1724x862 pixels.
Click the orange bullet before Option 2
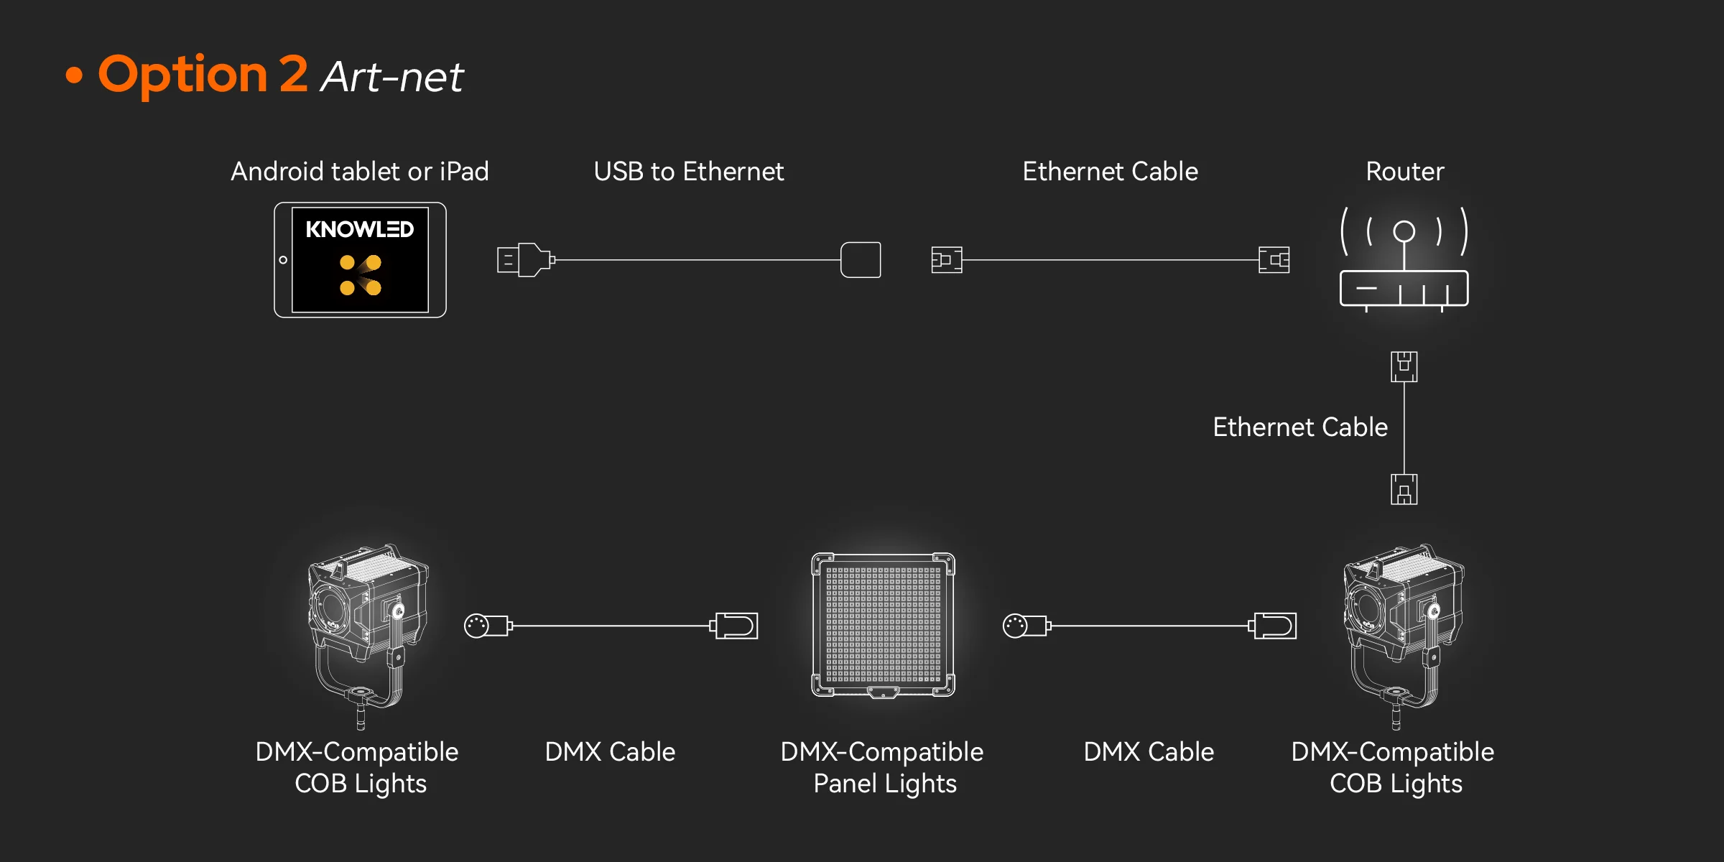click(x=74, y=75)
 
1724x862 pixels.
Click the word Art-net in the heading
click(x=392, y=77)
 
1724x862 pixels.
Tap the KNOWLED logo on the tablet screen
click(x=359, y=229)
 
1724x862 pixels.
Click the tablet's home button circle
click(x=283, y=260)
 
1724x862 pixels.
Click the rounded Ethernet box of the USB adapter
click(x=861, y=260)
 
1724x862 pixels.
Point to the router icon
click(x=1404, y=259)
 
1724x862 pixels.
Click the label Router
click(x=1404, y=172)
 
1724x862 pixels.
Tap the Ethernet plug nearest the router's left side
click(x=1274, y=260)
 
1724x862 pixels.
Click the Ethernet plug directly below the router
click(x=1404, y=366)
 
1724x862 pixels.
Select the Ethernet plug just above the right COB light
click(x=1404, y=489)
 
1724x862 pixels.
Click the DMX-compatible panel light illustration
click(x=883, y=625)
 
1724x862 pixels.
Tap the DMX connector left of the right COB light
click(x=1273, y=626)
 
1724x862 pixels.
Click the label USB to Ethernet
click(x=688, y=172)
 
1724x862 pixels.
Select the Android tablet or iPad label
click(x=359, y=172)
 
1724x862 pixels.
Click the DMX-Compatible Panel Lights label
click(x=882, y=767)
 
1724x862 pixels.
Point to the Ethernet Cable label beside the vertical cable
click(x=1299, y=427)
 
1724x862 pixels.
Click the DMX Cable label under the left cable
click(x=610, y=752)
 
